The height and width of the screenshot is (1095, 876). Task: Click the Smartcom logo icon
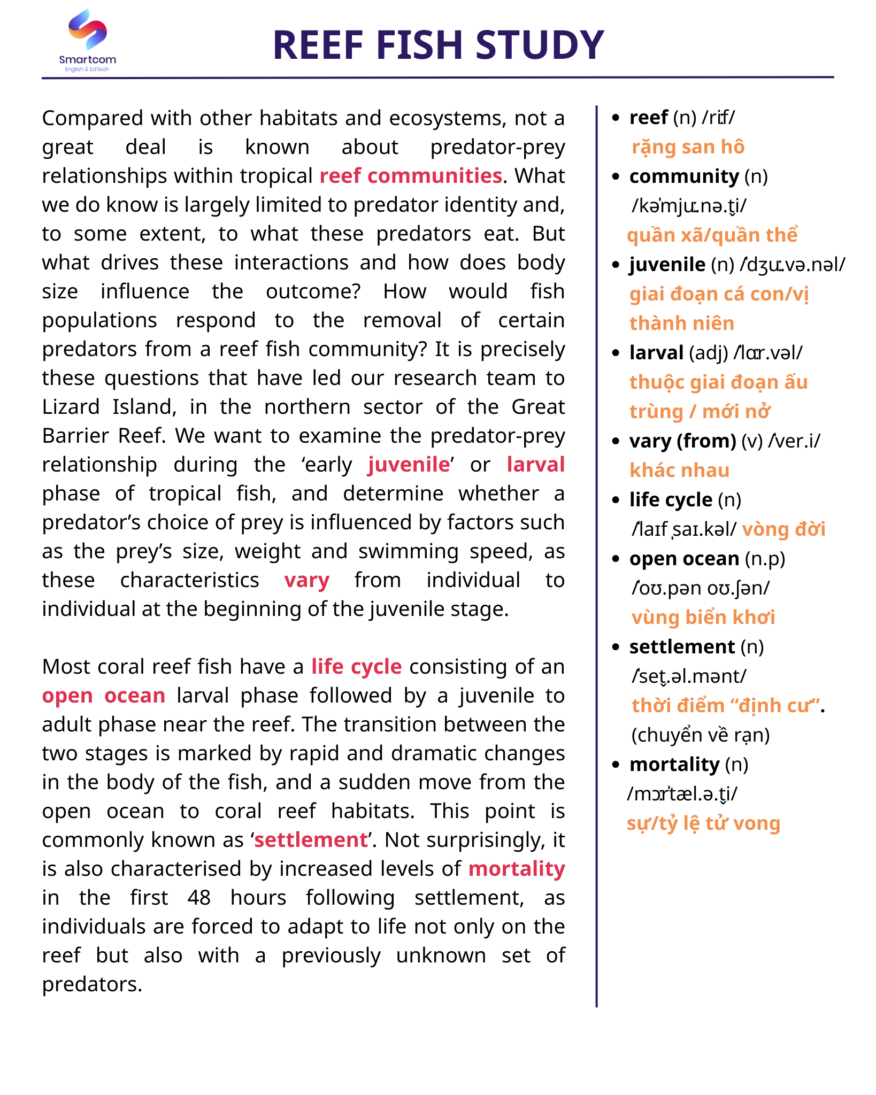pos(88,30)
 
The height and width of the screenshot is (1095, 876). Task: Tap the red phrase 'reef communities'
pos(411,176)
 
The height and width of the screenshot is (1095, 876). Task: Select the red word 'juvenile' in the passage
pos(409,465)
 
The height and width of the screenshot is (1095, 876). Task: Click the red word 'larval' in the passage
pos(535,465)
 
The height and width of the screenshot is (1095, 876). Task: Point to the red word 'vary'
pos(306,580)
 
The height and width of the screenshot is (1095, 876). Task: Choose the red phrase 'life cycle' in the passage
pos(356,667)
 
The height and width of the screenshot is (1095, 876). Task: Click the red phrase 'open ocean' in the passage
pos(104,696)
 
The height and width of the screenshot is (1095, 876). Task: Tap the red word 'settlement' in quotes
pos(311,840)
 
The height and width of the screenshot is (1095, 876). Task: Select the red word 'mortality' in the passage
pos(516,869)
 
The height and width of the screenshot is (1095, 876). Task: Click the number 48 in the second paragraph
pos(199,898)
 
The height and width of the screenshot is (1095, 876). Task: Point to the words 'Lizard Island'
pos(109,407)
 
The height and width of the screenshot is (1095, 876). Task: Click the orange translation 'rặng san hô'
pos(688,147)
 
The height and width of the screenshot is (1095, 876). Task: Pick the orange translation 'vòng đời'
pos(783,529)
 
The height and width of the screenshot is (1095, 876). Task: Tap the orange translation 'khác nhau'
pos(679,471)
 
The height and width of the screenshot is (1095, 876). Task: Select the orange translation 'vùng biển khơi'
pos(703,618)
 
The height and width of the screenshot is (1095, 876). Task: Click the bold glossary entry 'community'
pos(683,176)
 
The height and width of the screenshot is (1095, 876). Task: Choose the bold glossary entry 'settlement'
pos(682,647)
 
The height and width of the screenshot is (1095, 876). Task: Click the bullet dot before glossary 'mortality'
pos(616,765)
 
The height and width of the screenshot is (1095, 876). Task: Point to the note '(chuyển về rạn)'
pos(700,735)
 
